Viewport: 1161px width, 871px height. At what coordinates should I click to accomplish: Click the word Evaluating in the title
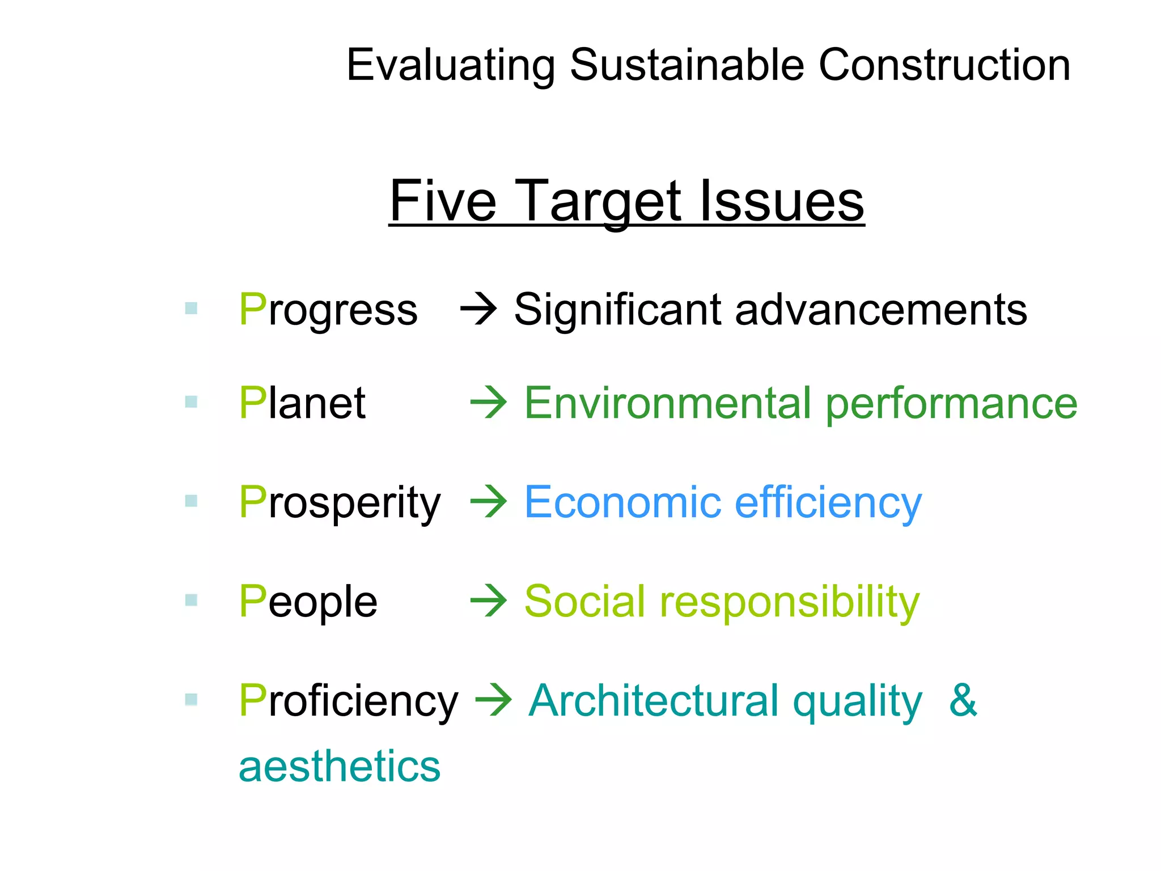(x=451, y=66)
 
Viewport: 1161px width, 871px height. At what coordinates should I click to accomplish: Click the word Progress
(x=328, y=310)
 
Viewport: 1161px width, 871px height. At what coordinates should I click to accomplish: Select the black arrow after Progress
(x=478, y=310)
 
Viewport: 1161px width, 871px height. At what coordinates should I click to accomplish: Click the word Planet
(x=302, y=403)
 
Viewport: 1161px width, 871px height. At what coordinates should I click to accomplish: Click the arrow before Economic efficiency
(x=489, y=502)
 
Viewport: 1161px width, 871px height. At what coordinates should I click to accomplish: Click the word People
(x=308, y=601)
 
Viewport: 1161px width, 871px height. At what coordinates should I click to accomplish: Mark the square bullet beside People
(x=191, y=600)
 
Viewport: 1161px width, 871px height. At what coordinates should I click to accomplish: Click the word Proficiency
(x=348, y=701)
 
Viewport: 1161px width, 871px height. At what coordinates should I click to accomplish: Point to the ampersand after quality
(x=963, y=700)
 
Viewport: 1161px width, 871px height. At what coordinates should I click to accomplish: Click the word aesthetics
(x=339, y=766)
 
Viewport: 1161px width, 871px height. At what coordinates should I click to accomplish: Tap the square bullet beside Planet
(x=191, y=402)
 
